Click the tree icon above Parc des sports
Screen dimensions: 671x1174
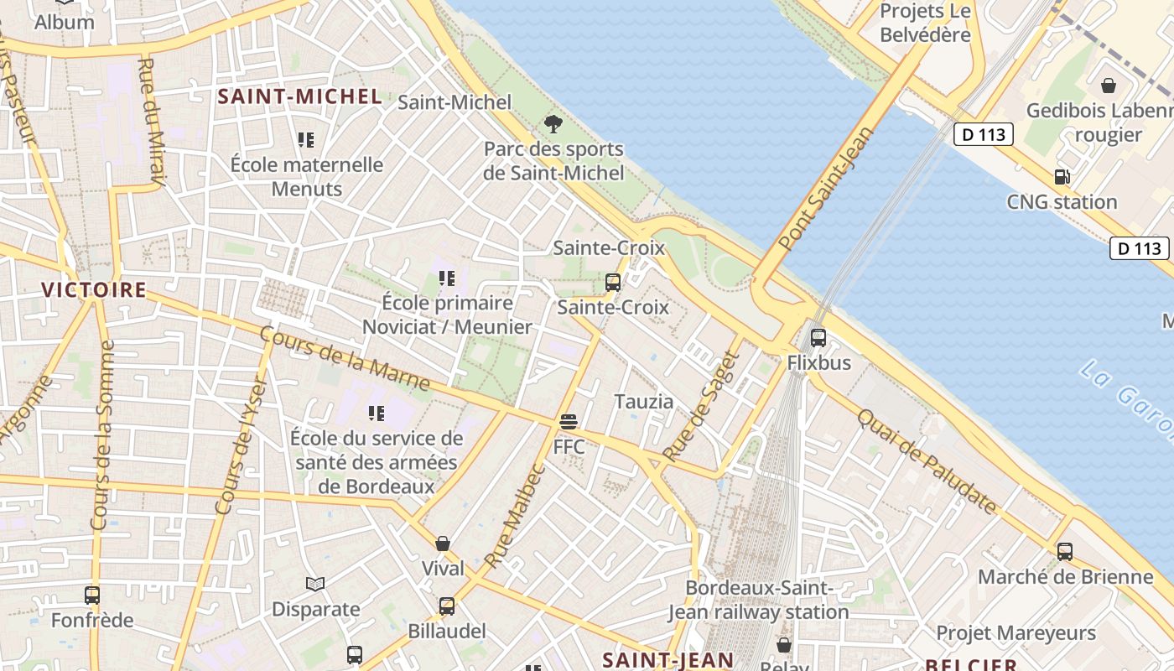click(x=553, y=124)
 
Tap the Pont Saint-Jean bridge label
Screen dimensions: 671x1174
click(x=826, y=189)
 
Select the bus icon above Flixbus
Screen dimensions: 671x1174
click(x=818, y=337)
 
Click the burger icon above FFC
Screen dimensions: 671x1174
click(x=569, y=421)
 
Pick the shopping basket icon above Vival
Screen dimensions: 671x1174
click(x=443, y=544)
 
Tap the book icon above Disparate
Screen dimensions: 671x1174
click(x=315, y=584)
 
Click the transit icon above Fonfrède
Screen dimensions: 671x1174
click(x=92, y=596)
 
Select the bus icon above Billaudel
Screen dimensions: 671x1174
click(x=447, y=606)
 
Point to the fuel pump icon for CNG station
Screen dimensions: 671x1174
click(x=1062, y=176)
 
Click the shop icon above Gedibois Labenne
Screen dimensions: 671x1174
click(x=1108, y=86)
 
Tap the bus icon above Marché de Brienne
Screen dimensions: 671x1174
click(x=1065, y=551)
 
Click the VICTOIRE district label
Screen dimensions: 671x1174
click(x=94, y=290)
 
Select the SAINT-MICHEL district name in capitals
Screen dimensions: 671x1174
click(x=300, y=96)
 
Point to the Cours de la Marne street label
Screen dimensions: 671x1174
click(x=345, y=359)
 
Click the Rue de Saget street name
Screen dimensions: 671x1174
click(x=700, y=406)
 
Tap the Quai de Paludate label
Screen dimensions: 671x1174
click(x=927, y=460)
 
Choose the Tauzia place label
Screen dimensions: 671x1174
click(x=644, y=402)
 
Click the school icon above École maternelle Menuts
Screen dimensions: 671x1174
click(x=306, y=139)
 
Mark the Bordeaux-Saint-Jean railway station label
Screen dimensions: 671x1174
click(x=759, y=600)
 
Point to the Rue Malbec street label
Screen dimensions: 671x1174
click(x=515, y=515)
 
